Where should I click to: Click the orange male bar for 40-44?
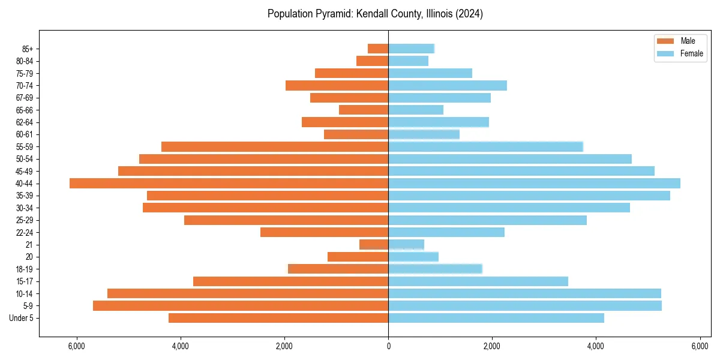[229, 184]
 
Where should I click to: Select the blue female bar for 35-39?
[529, 196]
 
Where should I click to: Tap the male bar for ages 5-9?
[241, 306]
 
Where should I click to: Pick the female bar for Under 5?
[496, 318]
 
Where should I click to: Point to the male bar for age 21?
[374, 245]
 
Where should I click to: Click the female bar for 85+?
[411, 49]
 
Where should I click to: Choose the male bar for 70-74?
[337, 85]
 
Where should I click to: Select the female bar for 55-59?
[485, 147]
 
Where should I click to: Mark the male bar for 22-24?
[324, 232]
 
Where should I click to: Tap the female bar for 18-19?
[435, 269]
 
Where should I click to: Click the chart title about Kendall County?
[375, 14]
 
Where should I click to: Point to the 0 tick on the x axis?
[388, 346]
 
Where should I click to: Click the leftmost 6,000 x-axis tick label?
[77, 346]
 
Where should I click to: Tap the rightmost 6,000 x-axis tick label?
[700, 346]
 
